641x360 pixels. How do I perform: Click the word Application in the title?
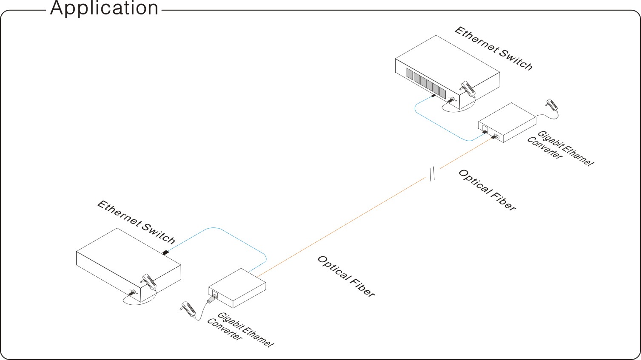coord(104,9)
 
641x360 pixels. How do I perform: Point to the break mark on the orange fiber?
coord(432,174)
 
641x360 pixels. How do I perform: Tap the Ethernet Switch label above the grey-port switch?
coord(493,48)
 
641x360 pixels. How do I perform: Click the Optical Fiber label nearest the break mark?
coord(487,190)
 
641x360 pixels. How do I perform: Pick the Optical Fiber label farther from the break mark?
coord(346,276)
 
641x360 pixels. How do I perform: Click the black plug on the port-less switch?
coord(165,252)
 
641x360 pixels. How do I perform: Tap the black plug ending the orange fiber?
coord(493,136)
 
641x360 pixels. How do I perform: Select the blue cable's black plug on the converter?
coord(485,132)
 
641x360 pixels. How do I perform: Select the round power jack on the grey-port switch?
coord(452,100)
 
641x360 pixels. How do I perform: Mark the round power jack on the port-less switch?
coord(133,292)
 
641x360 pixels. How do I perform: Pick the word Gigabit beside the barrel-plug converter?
coord(230,322)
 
